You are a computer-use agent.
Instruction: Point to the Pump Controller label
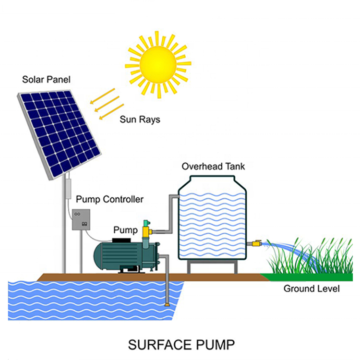110,199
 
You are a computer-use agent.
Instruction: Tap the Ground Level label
312,288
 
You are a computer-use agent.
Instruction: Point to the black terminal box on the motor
125,240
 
